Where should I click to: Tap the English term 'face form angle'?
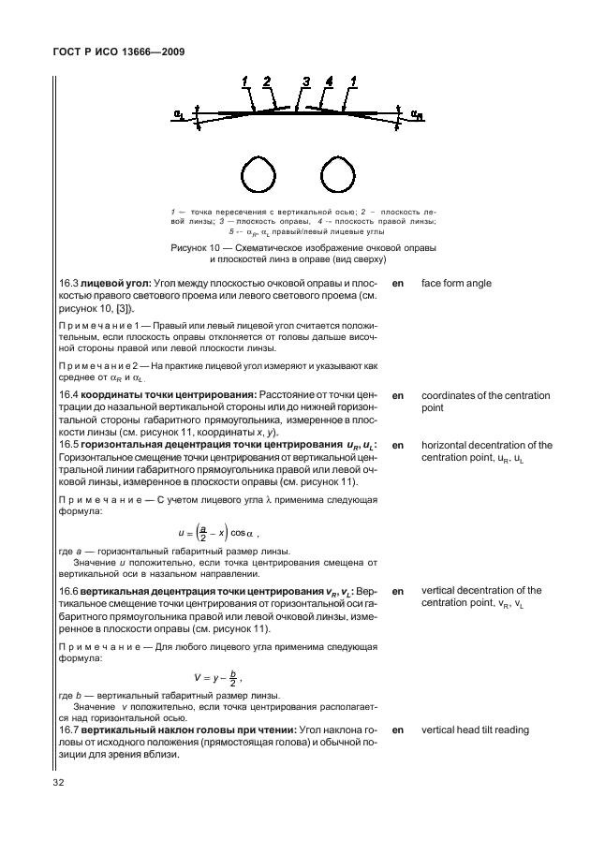456,283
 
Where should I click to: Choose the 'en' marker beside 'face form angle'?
398,283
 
